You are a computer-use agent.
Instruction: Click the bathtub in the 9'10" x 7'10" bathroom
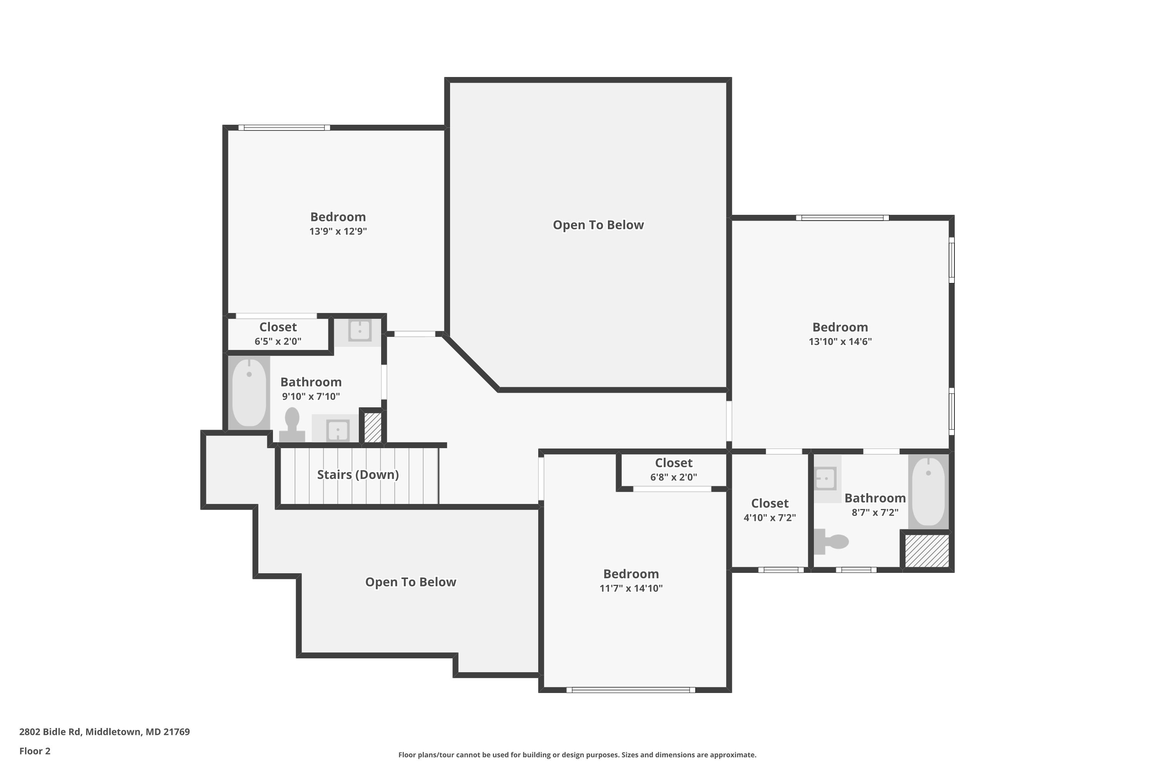(249, 392)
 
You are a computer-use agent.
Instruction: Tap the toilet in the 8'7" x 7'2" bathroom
(831, 541)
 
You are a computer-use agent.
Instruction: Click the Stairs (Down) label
(358, 474)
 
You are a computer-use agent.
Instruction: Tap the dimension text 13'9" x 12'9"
(338, 231)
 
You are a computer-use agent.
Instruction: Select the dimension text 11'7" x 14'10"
(631, 588)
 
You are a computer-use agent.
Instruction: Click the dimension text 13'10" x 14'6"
(840, 341)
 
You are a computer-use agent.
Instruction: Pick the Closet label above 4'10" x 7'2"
(770, 503)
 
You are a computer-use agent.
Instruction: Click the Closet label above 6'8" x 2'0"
(674, 463)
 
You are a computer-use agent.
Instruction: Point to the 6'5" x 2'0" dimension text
(278, 341)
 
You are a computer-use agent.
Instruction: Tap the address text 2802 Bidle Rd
(50, 732)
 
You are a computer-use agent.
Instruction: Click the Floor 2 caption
(35, 751)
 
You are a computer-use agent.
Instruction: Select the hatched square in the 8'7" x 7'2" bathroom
(927, 551)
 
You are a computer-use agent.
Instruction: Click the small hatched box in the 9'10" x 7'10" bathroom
(373, 427)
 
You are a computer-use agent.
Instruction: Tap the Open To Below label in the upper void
(598, 225)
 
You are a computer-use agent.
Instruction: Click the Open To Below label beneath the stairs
(410, 582)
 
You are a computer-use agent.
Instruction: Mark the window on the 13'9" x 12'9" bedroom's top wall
(285, 128)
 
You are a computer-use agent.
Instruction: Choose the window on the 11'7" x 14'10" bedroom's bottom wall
(631, 690)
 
